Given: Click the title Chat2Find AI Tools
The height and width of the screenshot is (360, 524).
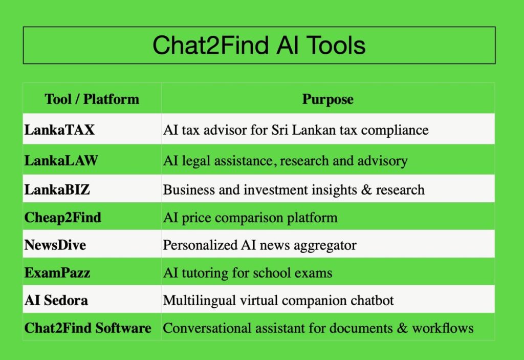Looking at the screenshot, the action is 259,45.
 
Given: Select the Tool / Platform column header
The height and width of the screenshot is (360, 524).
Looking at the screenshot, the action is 92,99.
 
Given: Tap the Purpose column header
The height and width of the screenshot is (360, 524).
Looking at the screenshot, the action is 328,99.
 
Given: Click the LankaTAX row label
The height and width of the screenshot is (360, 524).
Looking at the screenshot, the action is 59,130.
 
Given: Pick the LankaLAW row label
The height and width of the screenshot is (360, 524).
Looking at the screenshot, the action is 61,160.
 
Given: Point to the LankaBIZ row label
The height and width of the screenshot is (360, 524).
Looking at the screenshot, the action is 57,189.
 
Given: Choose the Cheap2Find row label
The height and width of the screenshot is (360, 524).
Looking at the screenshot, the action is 63,218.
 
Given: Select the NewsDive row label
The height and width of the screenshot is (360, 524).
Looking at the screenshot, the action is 55,245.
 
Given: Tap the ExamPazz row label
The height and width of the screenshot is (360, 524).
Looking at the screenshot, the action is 57,272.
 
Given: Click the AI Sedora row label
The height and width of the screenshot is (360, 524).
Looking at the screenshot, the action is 56,300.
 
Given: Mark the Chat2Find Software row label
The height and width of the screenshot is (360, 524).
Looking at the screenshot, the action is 88,328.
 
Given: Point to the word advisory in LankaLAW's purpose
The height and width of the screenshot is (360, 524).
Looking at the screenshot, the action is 383,161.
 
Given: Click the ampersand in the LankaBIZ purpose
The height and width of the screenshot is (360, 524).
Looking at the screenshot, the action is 366,189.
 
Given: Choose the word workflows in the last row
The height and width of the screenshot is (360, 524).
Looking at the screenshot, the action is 443,328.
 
